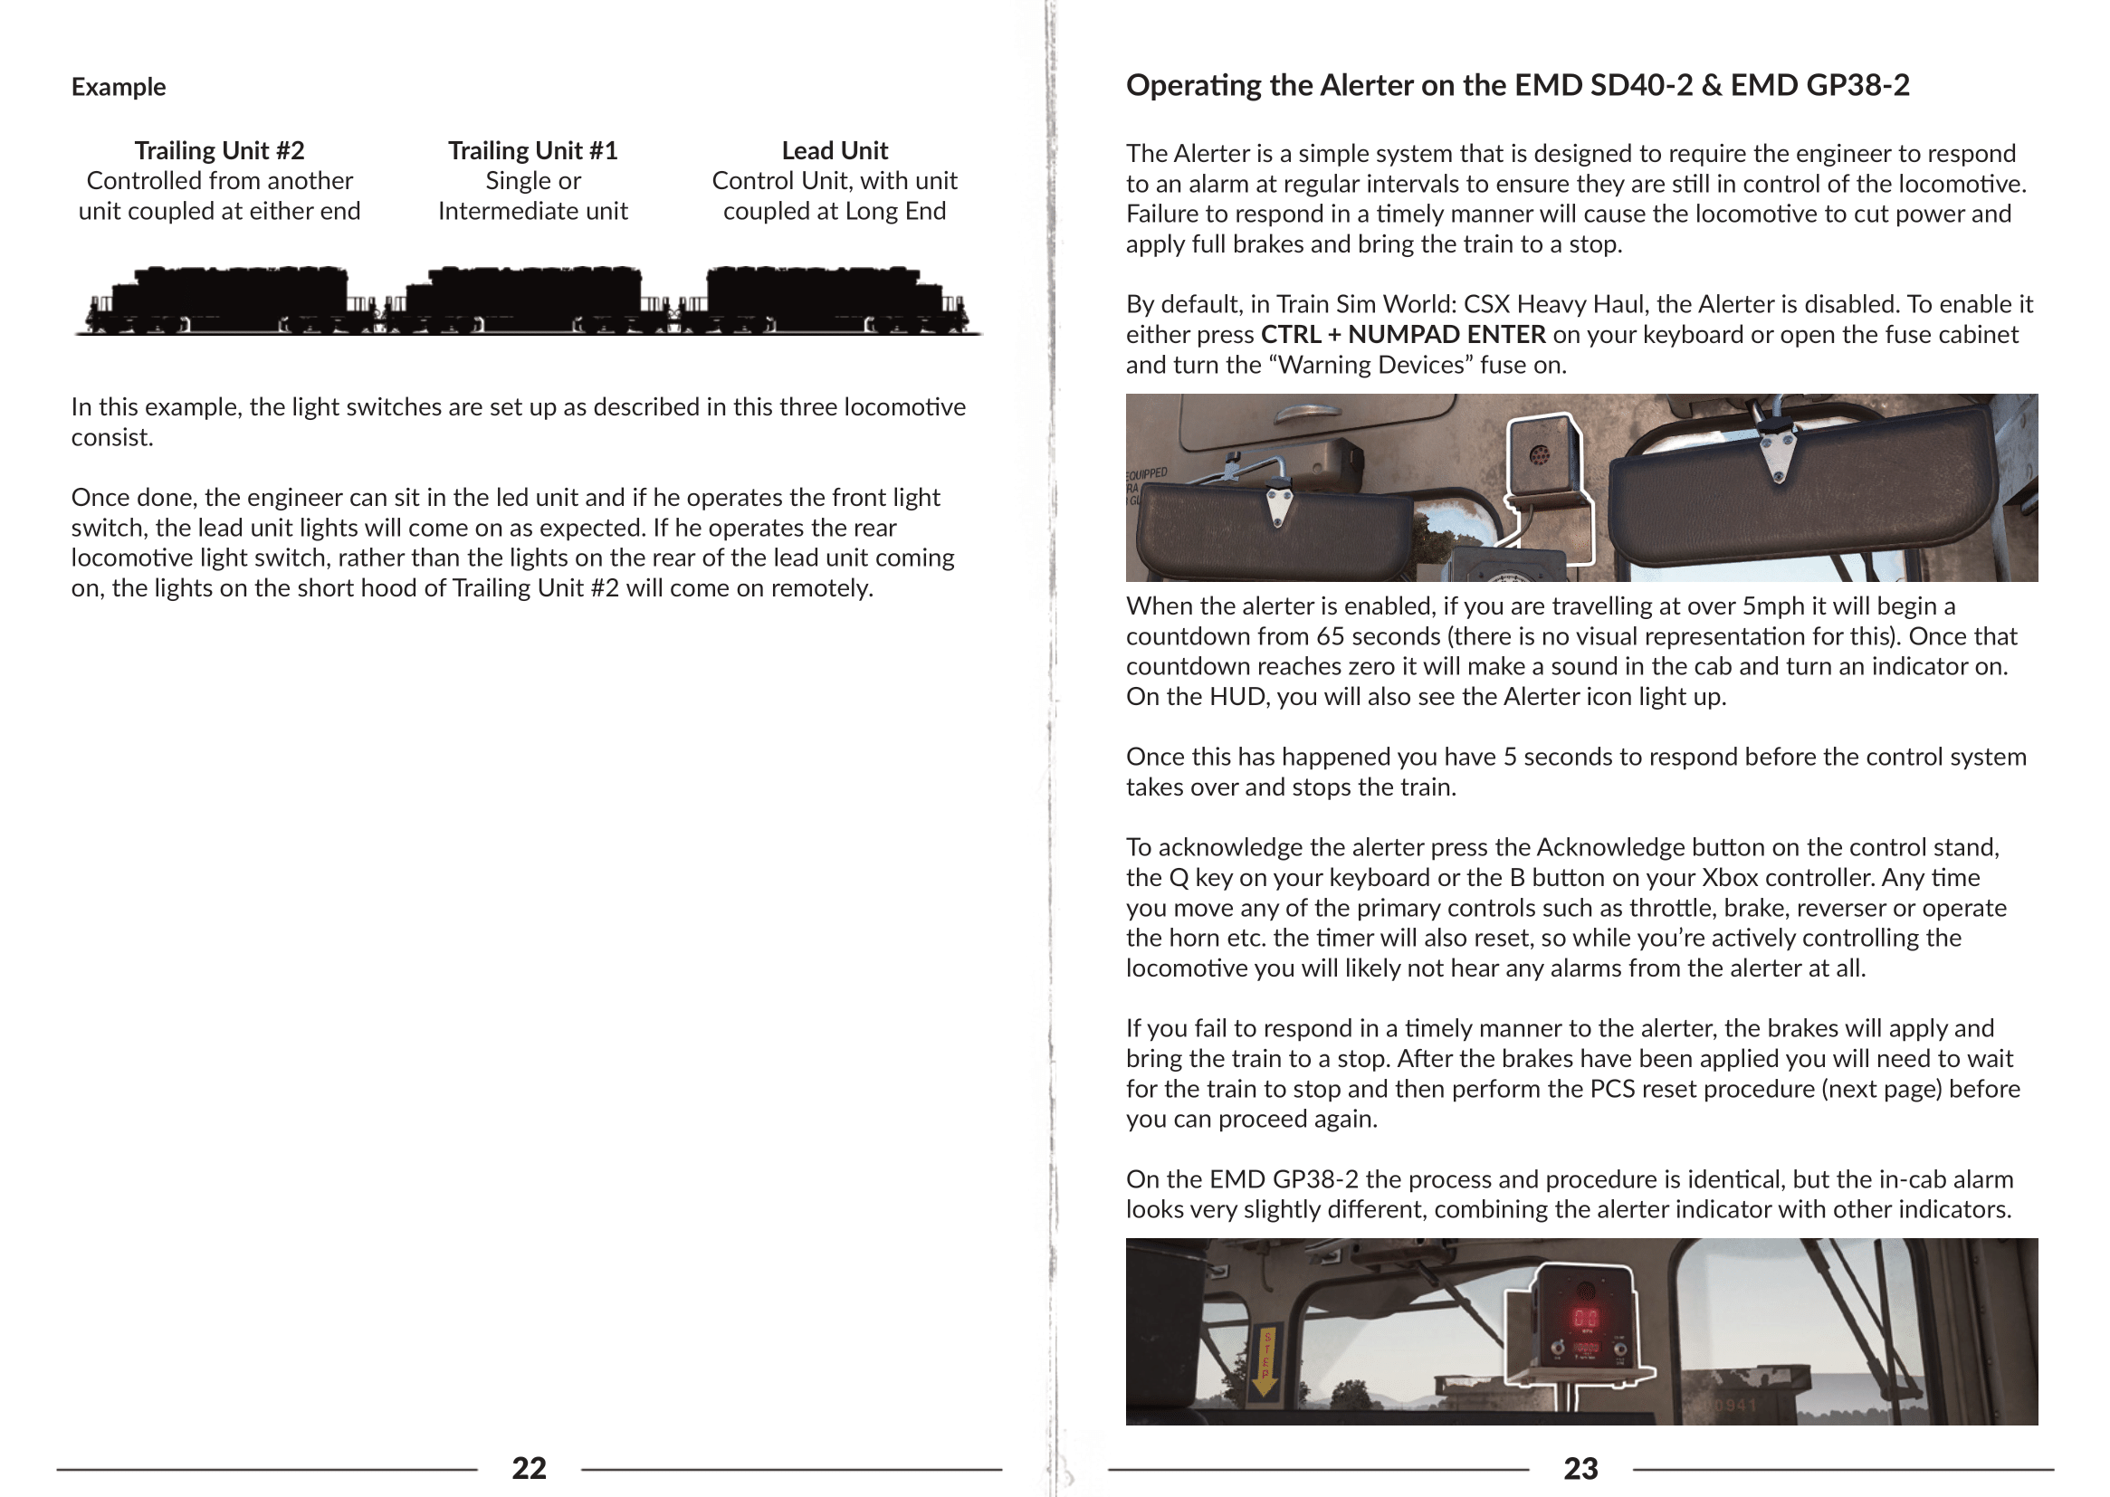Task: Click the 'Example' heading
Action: [119, 87]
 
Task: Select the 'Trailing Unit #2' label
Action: [219, 150]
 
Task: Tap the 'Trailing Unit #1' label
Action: [533, 150]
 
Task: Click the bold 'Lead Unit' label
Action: [835, 150]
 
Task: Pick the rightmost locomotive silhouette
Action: [825, 300]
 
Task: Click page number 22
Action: [530, 1467]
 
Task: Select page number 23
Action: [1580, 1467]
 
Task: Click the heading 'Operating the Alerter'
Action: [1517, 85]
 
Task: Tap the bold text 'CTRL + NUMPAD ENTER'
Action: [1402, 335]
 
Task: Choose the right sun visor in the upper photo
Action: [1798, 489]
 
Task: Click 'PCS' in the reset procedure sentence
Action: [1609, 1090]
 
